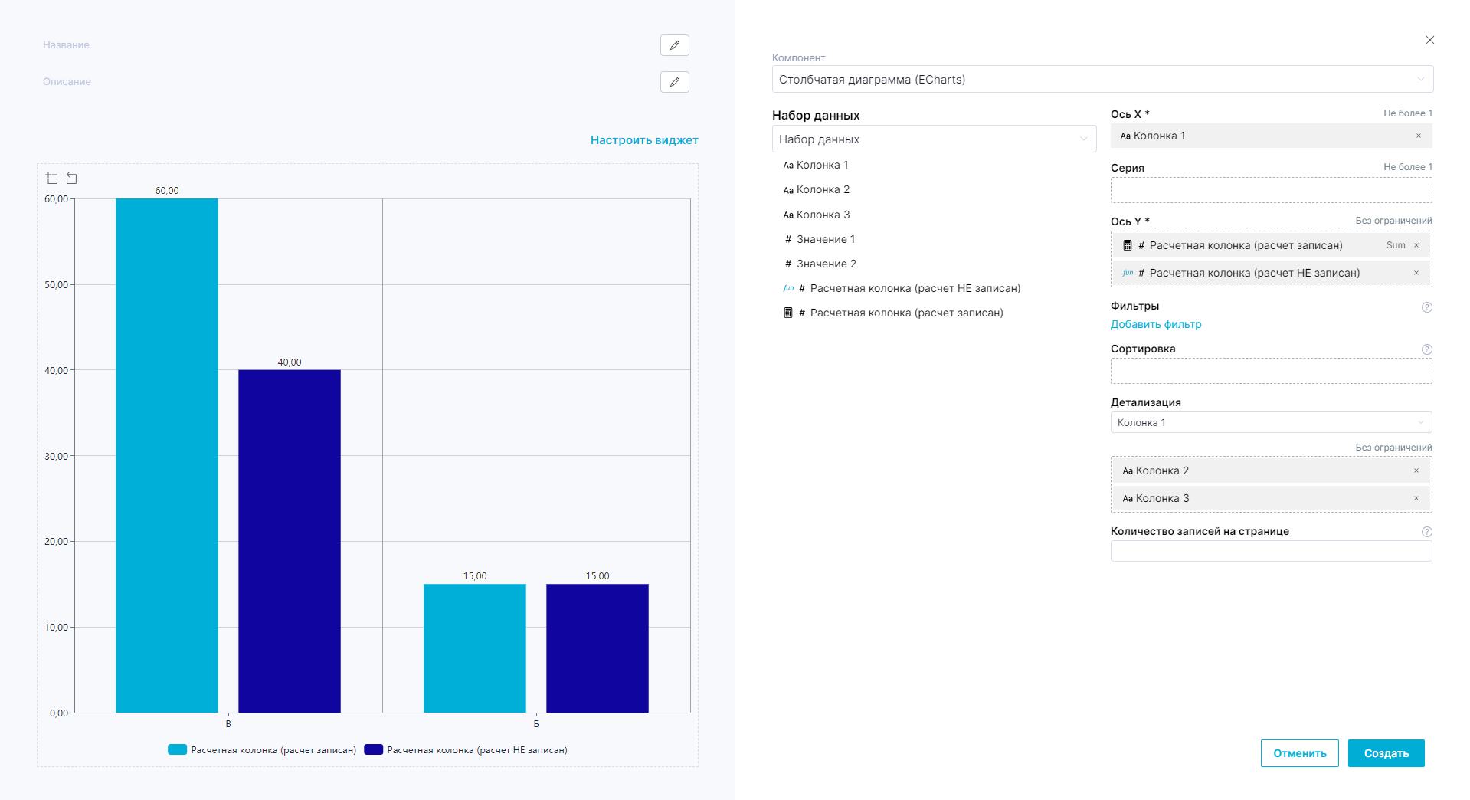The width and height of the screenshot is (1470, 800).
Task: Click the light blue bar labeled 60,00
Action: click(x=167, y=455)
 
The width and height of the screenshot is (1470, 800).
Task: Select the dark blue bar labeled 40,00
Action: click(x=290, y=541)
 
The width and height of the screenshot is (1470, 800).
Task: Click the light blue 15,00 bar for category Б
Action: click(x=475, y=648)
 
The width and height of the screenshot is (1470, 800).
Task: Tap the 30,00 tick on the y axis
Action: click(x=56, y=456)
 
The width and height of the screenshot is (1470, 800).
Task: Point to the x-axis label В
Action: click(x=228, y=724)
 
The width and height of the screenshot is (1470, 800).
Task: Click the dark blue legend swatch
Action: click(x=373, y=750)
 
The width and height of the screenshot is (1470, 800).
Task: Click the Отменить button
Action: click(x=1299, y=753)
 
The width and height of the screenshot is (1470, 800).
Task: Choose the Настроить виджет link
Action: click(x=644, y=140)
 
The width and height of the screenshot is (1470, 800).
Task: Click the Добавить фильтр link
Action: click(x=1156, y=324)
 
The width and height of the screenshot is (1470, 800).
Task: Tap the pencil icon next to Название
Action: click(x=674, y=45)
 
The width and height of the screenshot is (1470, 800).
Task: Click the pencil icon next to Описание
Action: click(x=674, y=82)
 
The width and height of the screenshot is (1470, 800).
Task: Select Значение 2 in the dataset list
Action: click(x=826, y=264)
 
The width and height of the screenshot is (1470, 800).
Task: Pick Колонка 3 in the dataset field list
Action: click(x=823, y=215)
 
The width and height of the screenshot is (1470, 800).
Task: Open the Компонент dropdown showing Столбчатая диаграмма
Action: click(x=1102, y=79)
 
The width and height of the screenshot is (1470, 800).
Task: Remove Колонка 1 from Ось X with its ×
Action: click(x=1419, y=136)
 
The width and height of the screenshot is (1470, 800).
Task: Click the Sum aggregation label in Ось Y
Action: click(x=1396, y=245)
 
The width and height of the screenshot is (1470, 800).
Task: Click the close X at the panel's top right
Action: click(x=1429, y=40)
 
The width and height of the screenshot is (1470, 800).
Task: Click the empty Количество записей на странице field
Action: click(x=1271, y=551)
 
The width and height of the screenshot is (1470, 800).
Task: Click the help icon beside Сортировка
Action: click(x=1427, y=349)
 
